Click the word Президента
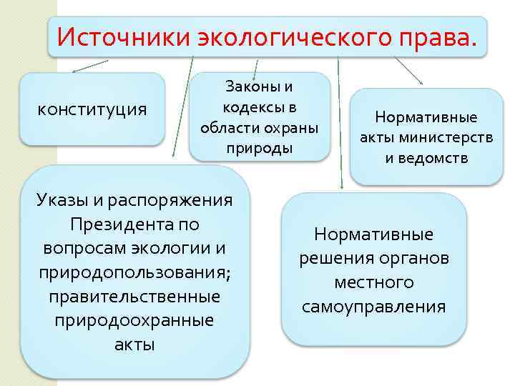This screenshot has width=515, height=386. click(124, 224)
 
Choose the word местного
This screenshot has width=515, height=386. click(374, 282)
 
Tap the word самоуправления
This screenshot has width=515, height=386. click(374, 307)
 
